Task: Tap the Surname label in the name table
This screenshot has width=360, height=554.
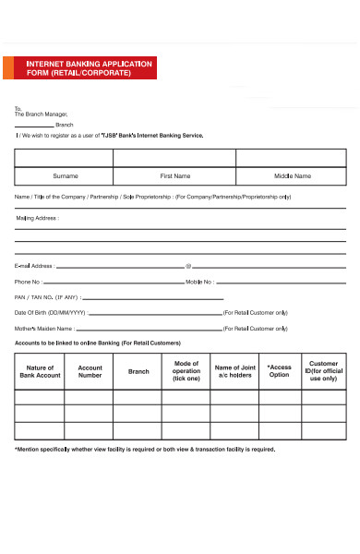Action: pos(66,175)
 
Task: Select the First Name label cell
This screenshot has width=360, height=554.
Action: pos(175,175)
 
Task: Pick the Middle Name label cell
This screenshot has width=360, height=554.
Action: pos(293,175)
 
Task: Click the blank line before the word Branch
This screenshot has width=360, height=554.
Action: pos(34,125)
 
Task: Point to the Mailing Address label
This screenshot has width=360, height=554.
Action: pos(37,219)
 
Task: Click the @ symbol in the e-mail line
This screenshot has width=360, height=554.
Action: pos(188,265)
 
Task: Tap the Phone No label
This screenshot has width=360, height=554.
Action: pos(28,282)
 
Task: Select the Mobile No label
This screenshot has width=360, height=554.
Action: pos(201,282)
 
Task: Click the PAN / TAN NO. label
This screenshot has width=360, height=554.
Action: pos(47,297)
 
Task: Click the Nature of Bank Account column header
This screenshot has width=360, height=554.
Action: pos(40,371)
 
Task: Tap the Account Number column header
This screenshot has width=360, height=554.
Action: pos(90,371)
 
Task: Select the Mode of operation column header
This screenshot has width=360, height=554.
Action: pos(186,371)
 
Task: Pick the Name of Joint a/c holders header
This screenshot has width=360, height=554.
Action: pos(235,371)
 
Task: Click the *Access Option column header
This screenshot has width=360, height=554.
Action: pos(279,371)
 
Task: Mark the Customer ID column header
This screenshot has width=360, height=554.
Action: pos(324,371)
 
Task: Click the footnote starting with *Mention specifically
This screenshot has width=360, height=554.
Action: pos(144,450)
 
